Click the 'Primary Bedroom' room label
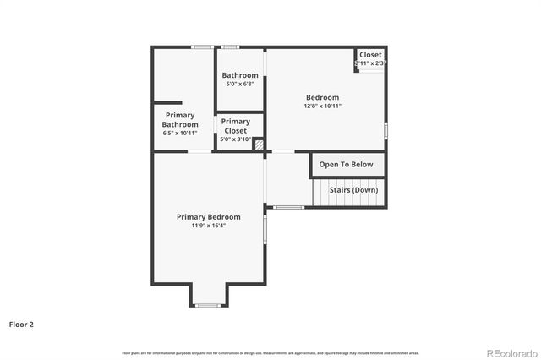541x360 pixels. click(208, 217)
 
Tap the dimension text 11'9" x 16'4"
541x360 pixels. click(208, 226)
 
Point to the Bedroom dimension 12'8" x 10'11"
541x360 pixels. click(322, 106)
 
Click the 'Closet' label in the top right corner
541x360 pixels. click(370, 55)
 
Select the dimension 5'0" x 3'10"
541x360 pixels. click(235, 139)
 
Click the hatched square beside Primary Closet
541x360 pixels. click(260, 145)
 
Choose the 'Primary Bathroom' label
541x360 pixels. click(180, 120)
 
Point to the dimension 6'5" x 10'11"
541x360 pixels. click(180, 133)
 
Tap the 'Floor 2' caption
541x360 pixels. click(21, 324)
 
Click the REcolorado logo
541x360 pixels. click(509, 352)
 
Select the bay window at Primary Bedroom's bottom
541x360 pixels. click(208, 305)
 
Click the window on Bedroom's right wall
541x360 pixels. click(386, 130)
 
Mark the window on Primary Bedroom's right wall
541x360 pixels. click(265, 229)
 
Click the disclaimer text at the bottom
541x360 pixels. click(270, 352)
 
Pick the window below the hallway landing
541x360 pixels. click(289, 207)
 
